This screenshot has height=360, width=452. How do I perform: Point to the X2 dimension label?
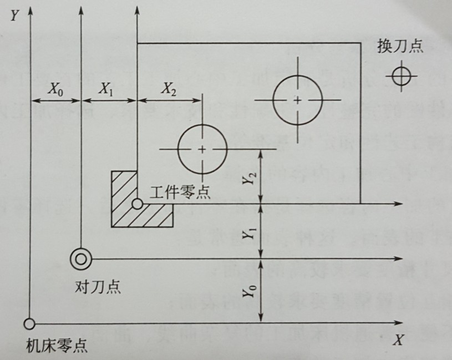(168, 89)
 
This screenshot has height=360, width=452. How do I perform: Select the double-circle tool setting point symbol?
(81, 258)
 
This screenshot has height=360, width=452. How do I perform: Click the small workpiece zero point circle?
(137, 205)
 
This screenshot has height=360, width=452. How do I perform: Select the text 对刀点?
(98, 287)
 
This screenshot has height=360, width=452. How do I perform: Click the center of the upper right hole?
(298, 100)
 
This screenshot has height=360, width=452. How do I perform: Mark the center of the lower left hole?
(202, 149)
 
